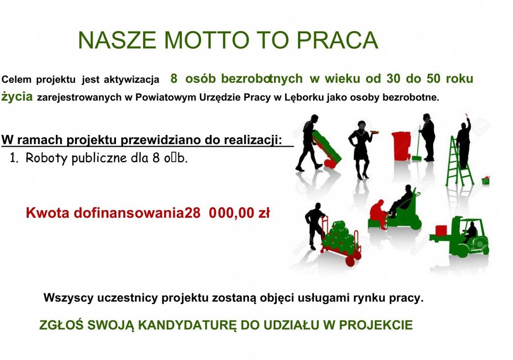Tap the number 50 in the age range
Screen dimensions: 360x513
coord(433,79)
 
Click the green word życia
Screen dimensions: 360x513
coord(17,97)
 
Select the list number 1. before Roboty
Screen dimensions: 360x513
coord(14,158)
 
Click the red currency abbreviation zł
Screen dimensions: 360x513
coord(263,213)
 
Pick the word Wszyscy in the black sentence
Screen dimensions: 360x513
coord(66,298)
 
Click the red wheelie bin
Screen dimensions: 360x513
coord(401,145)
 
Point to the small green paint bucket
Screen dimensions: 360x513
coord(485,180)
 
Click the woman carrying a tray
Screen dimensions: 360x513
coord(361,146)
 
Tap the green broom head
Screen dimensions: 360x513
coord(417,158)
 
